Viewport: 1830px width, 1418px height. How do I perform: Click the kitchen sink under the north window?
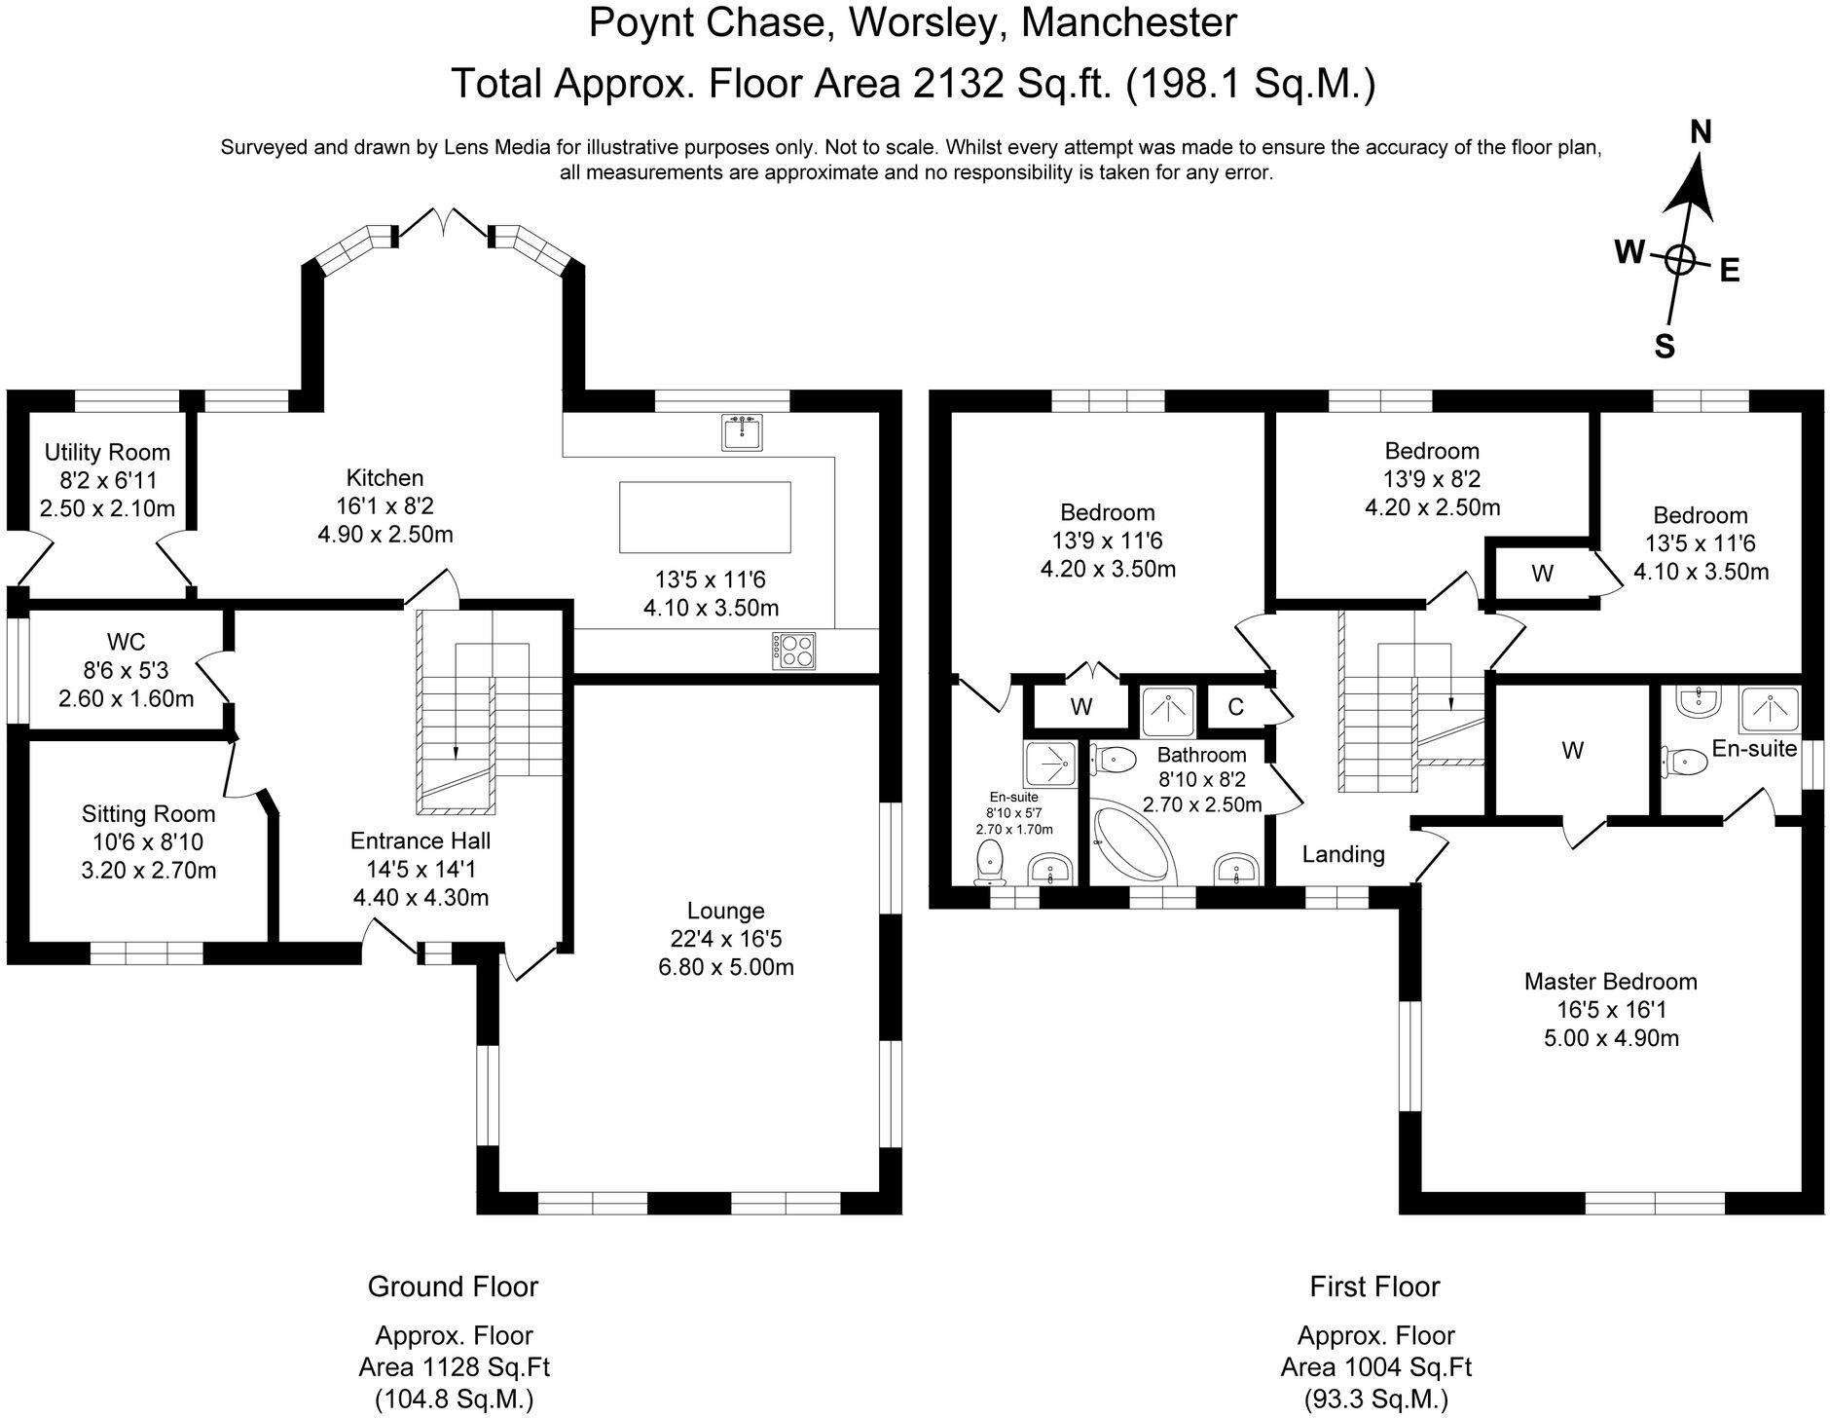point(743,431)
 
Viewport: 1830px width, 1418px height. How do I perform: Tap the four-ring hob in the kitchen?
point(794,650)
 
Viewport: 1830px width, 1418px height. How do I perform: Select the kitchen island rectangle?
point(705,517)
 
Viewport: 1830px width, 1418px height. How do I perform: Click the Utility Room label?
point(107,452)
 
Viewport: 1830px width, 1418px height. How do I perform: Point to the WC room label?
point(127,642)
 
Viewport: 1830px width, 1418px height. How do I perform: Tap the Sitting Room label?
point(148,814)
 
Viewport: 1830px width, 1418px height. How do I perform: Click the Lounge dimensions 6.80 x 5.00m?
point(726,967)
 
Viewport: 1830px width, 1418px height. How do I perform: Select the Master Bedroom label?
point(1611,982)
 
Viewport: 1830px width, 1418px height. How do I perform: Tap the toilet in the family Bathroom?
point(1113,759)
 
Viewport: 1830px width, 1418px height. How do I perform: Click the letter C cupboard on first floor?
point(1235,707)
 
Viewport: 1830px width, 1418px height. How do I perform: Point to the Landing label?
point(1343,854)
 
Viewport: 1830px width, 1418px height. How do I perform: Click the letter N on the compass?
point(1701,131)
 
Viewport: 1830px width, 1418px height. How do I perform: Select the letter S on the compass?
point(1665,346)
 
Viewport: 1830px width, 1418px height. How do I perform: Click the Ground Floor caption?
point(453,1287)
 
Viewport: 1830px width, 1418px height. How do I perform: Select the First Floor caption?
point(1374,1287)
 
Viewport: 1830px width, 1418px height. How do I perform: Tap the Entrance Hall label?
point(421,841)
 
